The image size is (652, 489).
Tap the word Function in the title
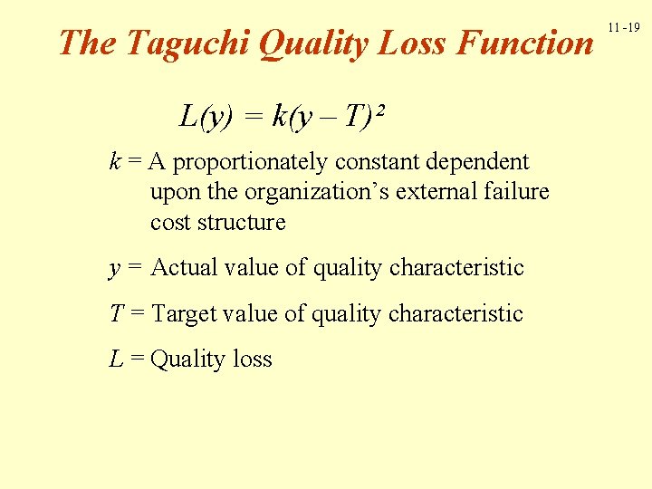(525, 43)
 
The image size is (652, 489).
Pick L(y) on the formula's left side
(206, 117)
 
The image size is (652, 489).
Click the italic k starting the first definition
(114, 162)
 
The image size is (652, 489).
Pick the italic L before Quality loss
(115, 360)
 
